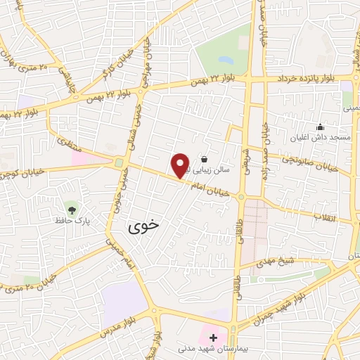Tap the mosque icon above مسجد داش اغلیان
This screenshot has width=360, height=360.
click(320, 127)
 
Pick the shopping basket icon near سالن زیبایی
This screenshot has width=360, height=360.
click(203, 159)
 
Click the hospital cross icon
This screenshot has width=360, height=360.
click(213, 337)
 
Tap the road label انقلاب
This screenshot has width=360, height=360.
click(326, 218)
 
